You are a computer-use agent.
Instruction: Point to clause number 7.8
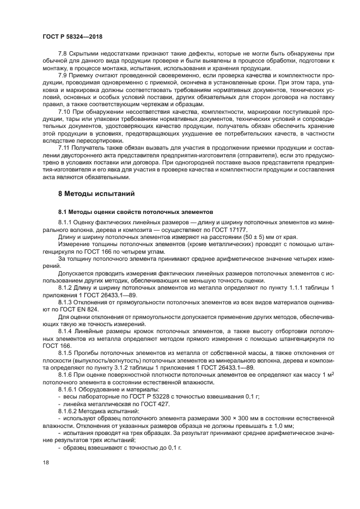[x=64, y=54]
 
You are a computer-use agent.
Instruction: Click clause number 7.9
[x=64, y=76]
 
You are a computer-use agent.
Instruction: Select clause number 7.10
[x=65, y=111]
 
